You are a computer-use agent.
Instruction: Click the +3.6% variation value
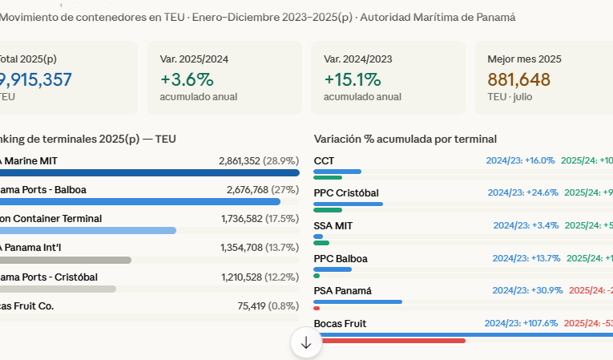tap(187, 79)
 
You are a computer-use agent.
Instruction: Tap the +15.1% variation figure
tap(352, 79)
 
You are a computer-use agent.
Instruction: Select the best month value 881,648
tap(518, 79)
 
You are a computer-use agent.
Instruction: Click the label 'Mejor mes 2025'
tap(524, 59)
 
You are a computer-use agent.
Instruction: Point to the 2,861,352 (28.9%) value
tap(258, 161)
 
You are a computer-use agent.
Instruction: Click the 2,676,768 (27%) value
tap(263, 190)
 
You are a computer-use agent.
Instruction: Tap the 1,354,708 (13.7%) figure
tap(260, 248)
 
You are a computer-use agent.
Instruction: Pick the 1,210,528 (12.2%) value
tap(260, 277)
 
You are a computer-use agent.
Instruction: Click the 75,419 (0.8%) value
tap(268, 305)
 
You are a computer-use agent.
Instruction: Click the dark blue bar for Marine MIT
tap(149, 172)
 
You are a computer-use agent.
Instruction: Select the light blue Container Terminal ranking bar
tap(88, 230)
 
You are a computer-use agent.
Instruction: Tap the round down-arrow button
tap(306, 342)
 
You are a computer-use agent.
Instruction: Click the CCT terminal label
tap(324, 161)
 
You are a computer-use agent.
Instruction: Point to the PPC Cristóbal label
tap(346, 193)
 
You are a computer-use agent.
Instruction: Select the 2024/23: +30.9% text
tap(527, 290)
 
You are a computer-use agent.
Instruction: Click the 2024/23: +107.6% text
tap(521, 323)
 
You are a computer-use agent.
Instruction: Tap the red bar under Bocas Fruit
tap(389, 341)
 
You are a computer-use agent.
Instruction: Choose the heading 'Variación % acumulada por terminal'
tap(405, 139)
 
